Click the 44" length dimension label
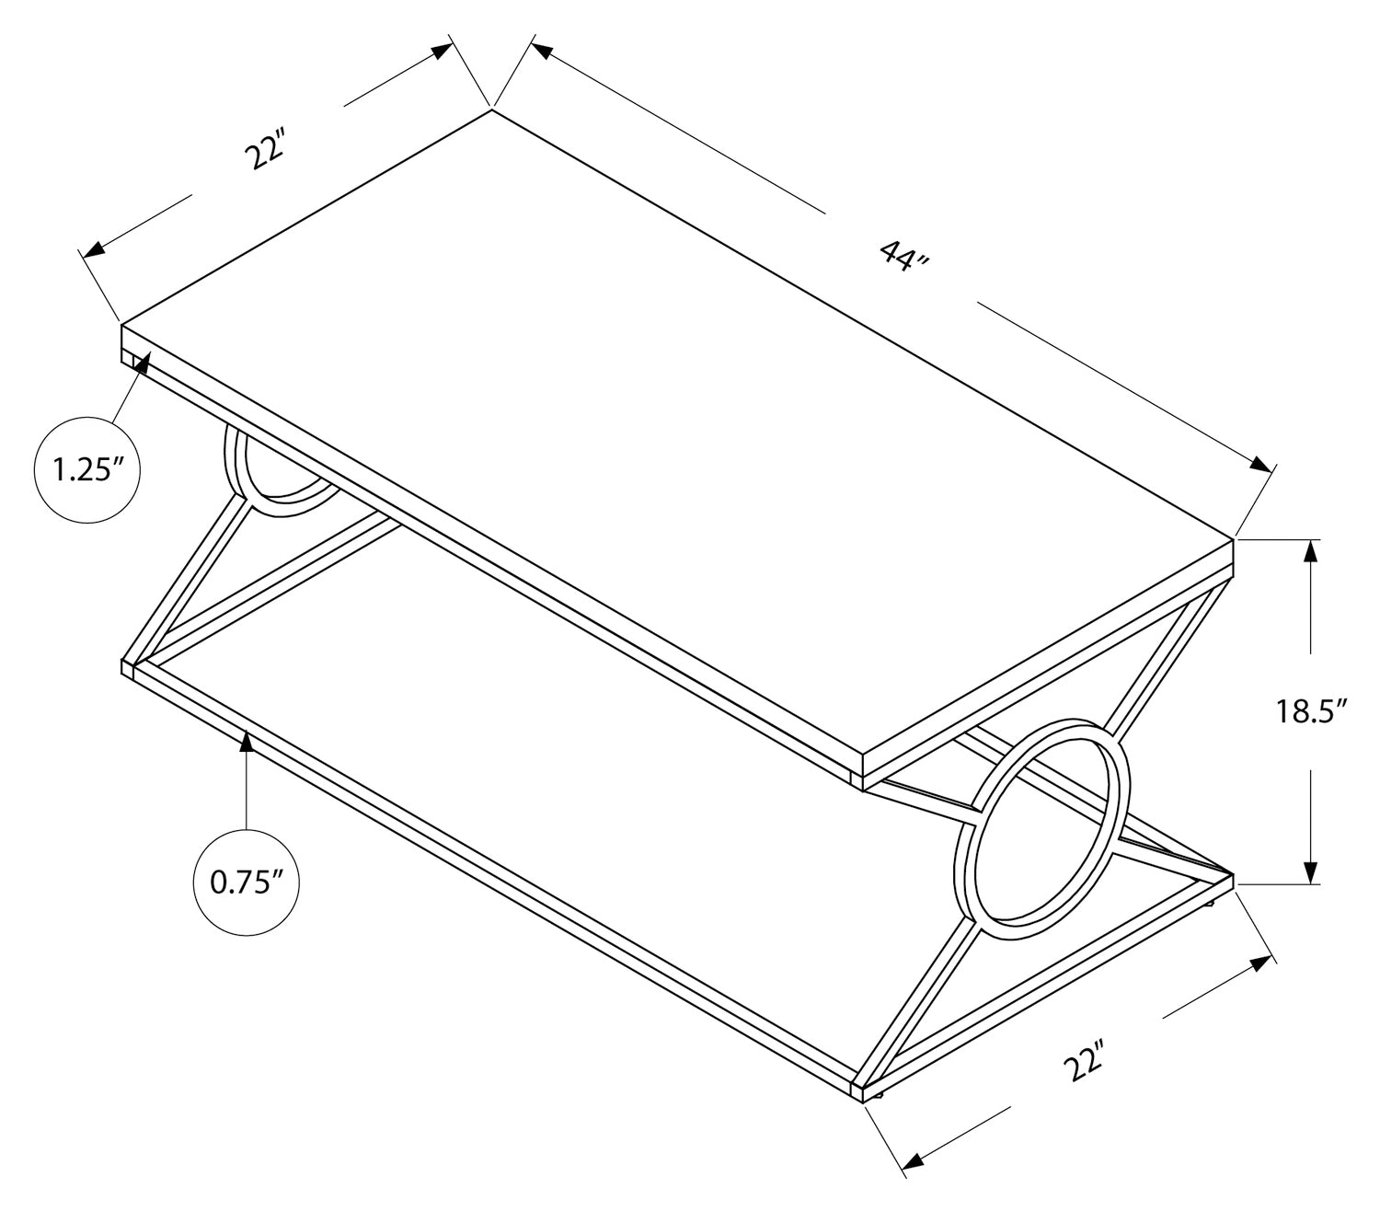point(904,255)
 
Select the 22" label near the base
point(1083,1067)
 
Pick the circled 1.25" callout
point(86,471)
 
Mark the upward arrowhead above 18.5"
point(1311,549)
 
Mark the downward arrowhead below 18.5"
point(1311,873)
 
